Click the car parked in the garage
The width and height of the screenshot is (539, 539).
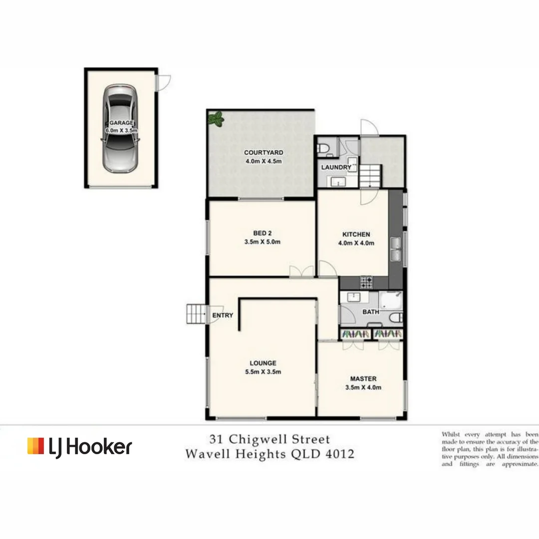[120, 128]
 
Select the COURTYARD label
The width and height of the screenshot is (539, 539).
[264, 153]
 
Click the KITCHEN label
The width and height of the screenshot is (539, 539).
[356, 234]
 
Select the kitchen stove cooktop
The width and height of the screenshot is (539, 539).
[366, 282]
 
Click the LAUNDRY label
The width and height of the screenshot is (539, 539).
[336, 167]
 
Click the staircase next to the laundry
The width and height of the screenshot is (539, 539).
[370, 176]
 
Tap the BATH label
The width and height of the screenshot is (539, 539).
[371, 312]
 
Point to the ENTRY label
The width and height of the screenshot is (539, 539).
[223, 315]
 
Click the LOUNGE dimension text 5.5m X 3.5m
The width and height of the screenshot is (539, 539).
[263, 372]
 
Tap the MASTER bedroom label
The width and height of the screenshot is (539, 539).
[363, 378]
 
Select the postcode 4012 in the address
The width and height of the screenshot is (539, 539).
[339, 454]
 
